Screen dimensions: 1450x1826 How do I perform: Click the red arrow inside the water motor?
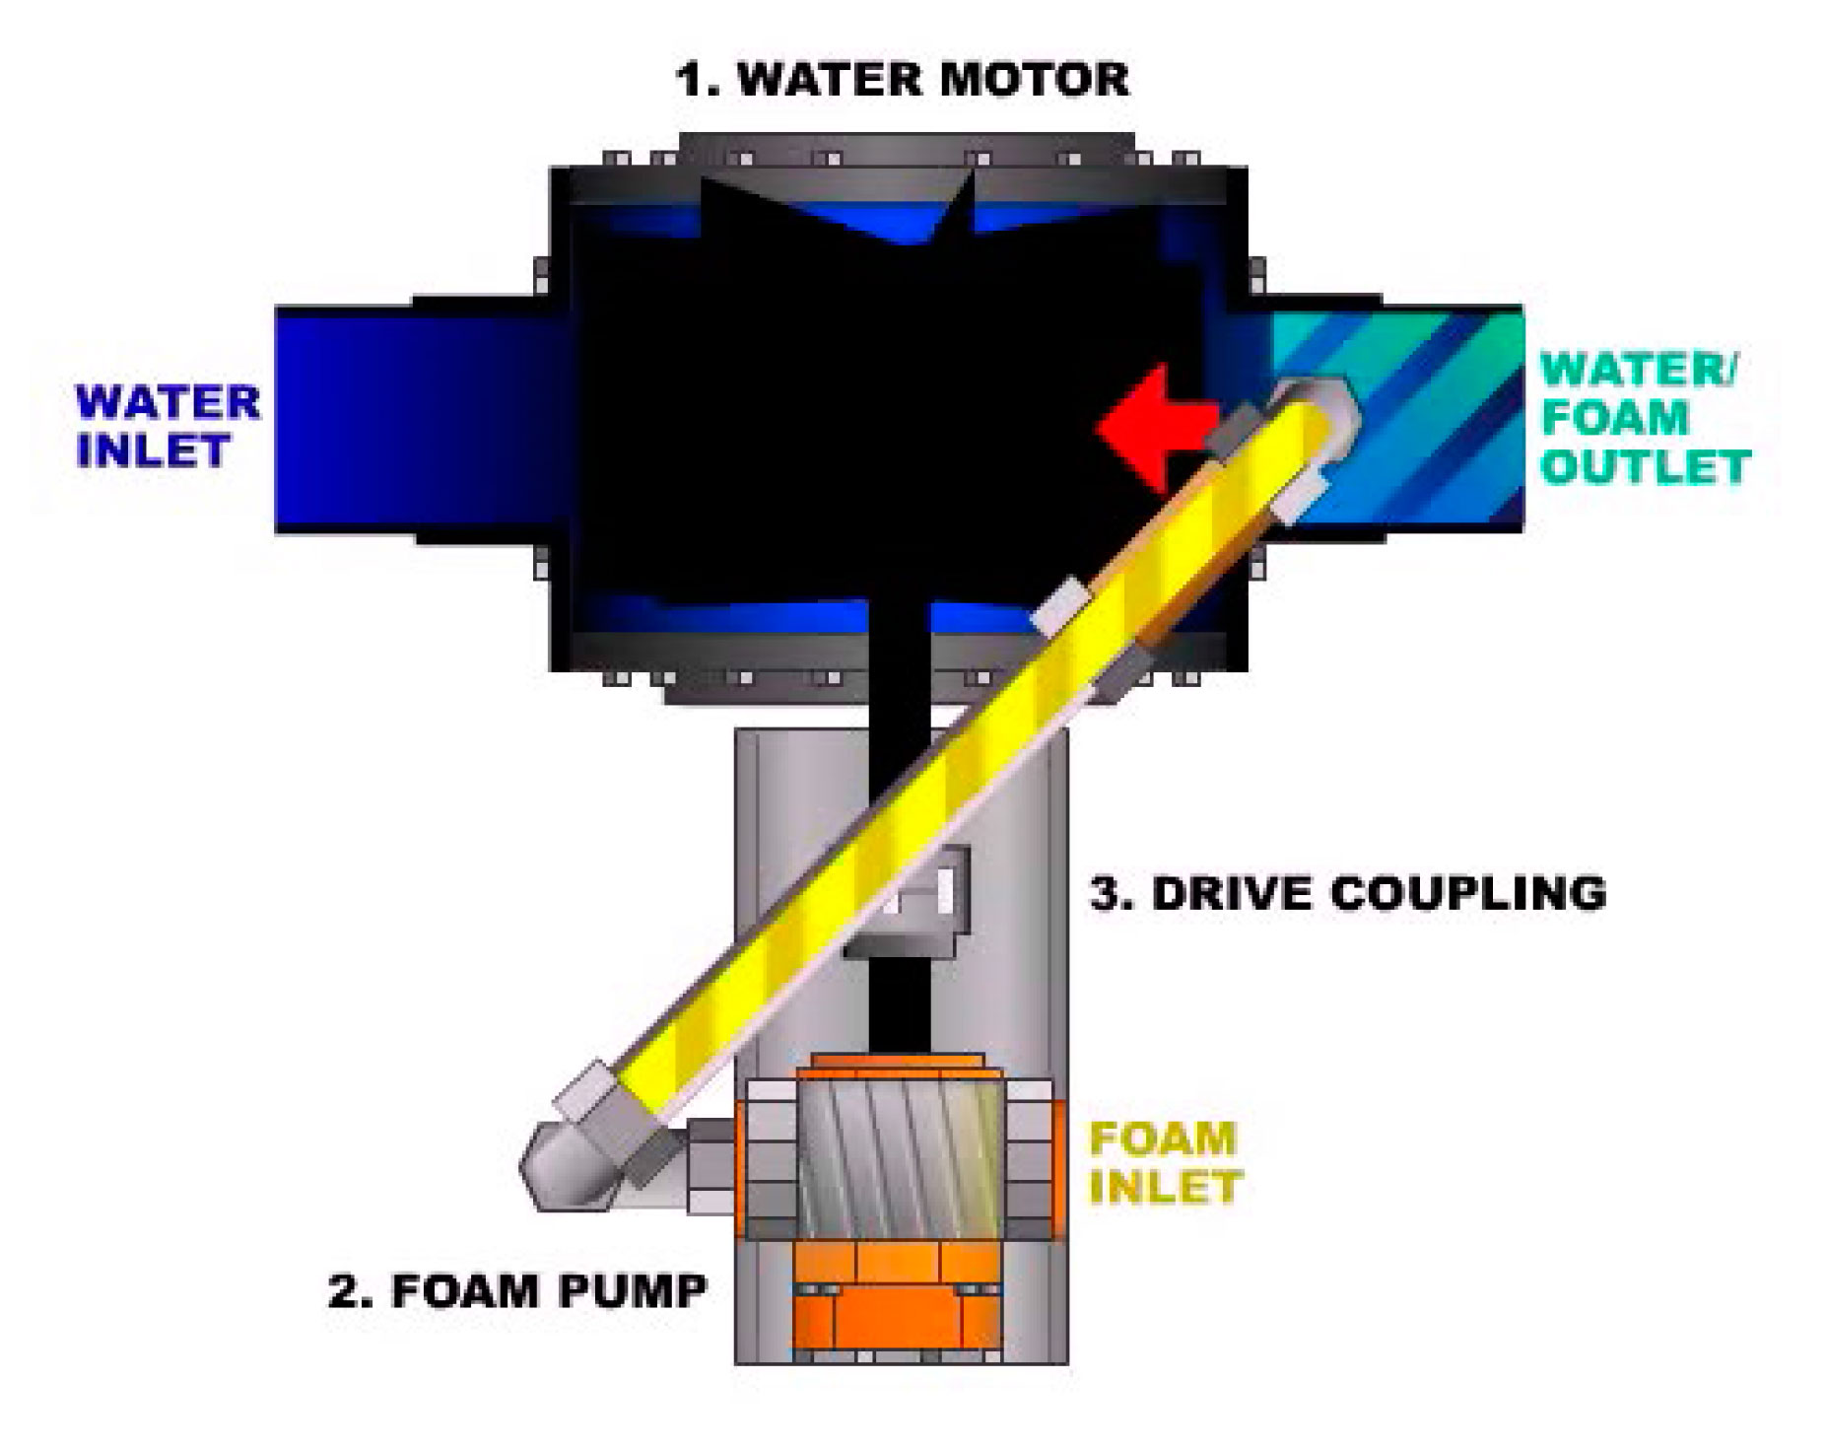click(1148, 429)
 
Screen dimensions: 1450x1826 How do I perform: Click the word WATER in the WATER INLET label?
click(169, 403)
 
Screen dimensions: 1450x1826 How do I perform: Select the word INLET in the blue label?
click(153, 450)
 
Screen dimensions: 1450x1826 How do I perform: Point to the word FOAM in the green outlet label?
click(1614, 417)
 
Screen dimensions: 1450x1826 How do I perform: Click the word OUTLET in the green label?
click(1645, 466)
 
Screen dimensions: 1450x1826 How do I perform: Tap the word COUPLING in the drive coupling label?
click(1468, 893)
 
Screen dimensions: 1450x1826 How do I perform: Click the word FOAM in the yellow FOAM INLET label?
click(1162, 1139)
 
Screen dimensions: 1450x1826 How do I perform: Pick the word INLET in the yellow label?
click(1165, 1187)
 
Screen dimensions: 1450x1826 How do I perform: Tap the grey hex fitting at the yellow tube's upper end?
click(1316, 409)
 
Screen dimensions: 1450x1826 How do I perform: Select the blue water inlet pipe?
click(414, 419)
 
